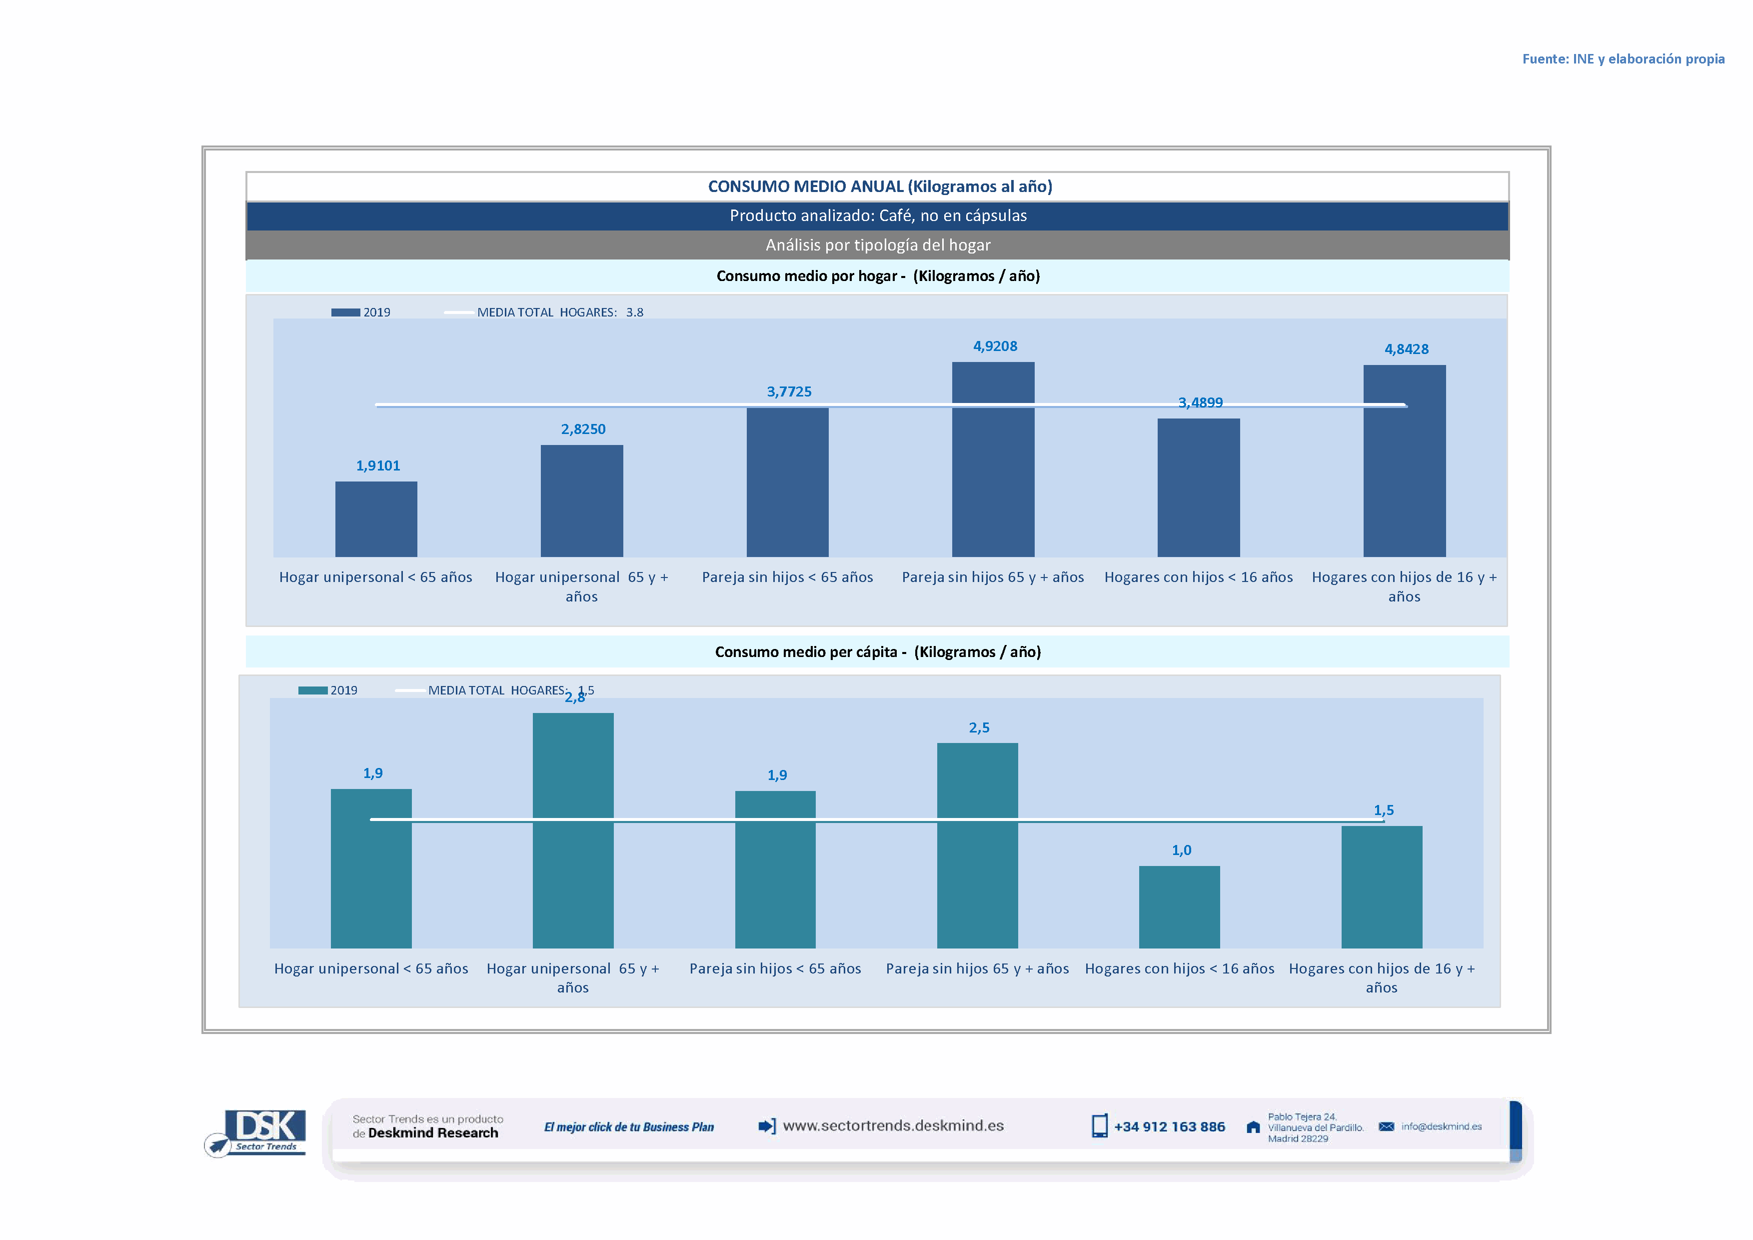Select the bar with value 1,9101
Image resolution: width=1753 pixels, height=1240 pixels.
tap(376, 518)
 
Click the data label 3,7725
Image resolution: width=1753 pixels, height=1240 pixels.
tap(789, 391)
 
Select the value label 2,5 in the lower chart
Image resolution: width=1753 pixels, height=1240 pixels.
tap(979, 727)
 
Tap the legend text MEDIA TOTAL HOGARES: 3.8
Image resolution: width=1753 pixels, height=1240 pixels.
tap(560, 312)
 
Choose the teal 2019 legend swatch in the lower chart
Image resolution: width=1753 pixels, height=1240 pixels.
tap(312, 690)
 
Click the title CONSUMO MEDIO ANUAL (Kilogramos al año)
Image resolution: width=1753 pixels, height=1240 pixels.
tap(880, 186)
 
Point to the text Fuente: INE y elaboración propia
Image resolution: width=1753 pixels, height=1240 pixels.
tap(1623, 59)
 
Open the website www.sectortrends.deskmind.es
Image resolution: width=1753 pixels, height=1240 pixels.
tap(893, 1125)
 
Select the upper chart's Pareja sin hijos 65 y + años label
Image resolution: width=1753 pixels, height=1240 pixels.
tap(993, 577)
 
